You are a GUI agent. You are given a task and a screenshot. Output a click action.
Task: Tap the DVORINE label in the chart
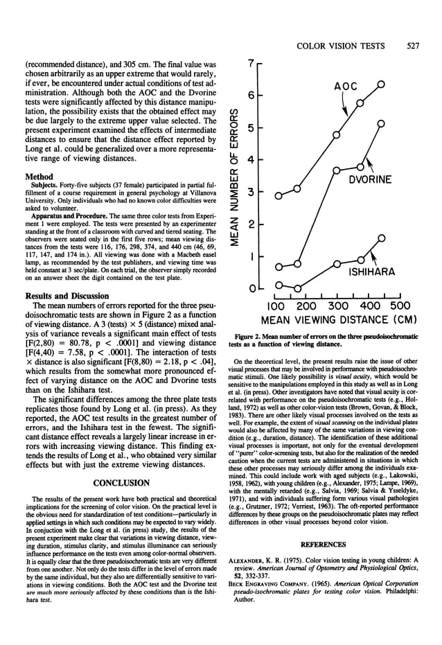pyautogui.click(x=370, y=180)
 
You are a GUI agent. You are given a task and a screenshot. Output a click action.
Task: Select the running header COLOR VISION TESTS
pyautogui.click(x=340, y=46)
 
